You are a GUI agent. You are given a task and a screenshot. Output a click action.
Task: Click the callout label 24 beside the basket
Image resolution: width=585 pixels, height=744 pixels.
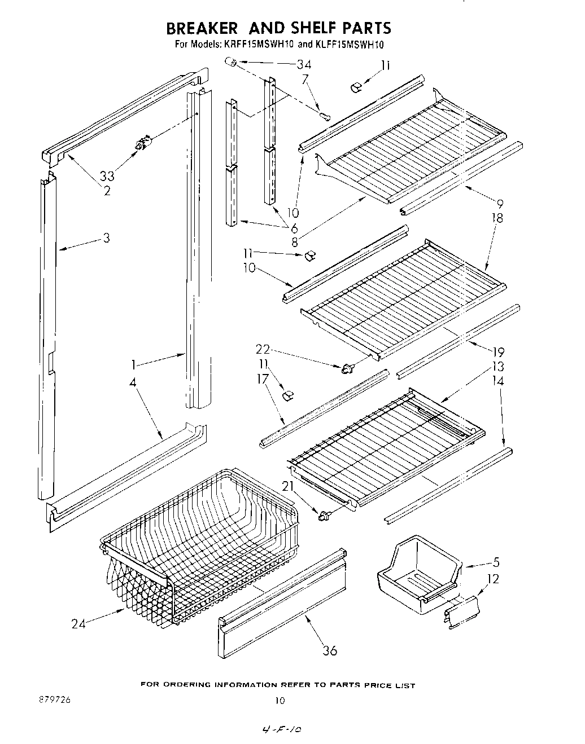pyautogui.click(x=79, y=623)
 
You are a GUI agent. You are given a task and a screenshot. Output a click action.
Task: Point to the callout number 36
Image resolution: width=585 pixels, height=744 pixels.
pyautogui.click(x=329, y=650)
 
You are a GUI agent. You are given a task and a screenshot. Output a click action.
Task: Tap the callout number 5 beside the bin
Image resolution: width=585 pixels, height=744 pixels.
pyautogui.click(x=496, y=562)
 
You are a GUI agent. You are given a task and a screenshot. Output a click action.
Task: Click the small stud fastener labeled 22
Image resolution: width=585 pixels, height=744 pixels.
pyautogui.click(x=347, y=368)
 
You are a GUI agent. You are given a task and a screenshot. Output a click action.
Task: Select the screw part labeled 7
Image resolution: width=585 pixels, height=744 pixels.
pyautogui.click(x=325, y=116)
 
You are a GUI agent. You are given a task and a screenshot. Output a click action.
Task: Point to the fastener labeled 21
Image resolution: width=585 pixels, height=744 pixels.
pyautogui.click(x=324, y=514)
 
